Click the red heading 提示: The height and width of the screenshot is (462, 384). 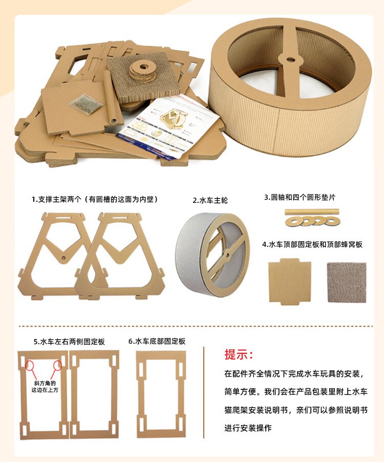(x=239, y=354)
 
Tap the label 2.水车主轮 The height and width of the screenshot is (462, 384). (x=210, y=200)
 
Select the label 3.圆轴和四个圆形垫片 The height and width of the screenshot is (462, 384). (x=300, y=197)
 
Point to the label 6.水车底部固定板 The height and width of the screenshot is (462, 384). (x=157, y=341)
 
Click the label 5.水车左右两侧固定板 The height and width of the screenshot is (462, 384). (x=69, y=342)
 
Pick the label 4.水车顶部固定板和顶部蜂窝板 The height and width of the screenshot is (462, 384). (x=312, y=244)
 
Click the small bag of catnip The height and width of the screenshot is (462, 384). (x=86, y=103)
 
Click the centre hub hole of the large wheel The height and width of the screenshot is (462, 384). (x=291, y=59)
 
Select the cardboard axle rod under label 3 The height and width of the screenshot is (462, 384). (x=312, y=212)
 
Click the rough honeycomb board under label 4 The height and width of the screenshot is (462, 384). (x=347, y=283)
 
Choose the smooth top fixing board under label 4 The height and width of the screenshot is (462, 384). (x=290, y=281)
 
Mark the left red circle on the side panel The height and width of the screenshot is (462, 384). (x=30, y=365)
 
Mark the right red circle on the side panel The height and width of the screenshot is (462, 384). (x=57, y=365)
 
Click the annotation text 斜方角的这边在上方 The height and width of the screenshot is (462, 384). (x=45, y=387)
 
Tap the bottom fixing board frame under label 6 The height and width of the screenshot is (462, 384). (x=139, y=395)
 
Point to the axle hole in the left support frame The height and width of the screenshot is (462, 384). (x=63, y=258)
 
